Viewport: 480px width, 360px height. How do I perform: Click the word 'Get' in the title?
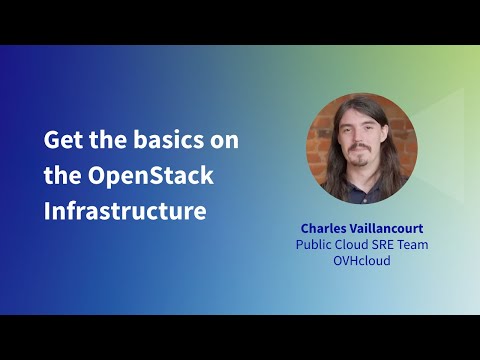62,139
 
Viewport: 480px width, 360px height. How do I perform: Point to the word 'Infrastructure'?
125,211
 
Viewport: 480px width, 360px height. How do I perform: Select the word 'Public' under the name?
315,245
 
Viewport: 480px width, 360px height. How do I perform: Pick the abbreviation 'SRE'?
393,245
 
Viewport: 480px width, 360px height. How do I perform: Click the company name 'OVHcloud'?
361,262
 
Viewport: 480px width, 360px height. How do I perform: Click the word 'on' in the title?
225,139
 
